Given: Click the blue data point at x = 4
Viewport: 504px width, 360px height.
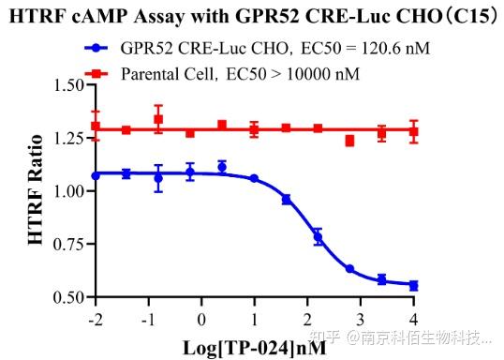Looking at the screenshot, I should (413, 285).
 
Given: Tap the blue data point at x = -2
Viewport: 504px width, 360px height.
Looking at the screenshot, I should (95, 175).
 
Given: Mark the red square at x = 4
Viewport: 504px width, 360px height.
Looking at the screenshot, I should (413, 131).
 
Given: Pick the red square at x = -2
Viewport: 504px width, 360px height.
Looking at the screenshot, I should (95, 127).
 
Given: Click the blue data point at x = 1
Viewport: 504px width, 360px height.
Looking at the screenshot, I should (254, 178).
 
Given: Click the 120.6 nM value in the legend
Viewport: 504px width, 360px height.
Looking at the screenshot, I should (393, 46).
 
